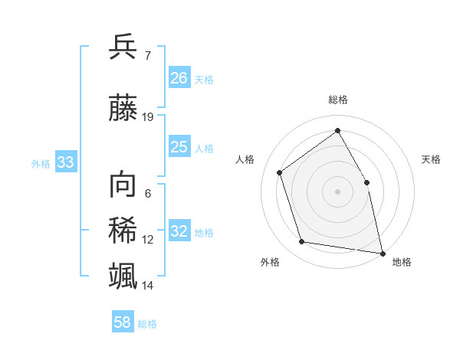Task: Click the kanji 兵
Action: point(123,47)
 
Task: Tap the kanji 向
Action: point(123,185)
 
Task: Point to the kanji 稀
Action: point(123,230)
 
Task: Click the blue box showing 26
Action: point(179,78)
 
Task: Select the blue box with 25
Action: point(179,147)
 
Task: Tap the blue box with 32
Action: point(179,231)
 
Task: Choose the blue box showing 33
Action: point(65,162)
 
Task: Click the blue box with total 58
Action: point(123,322)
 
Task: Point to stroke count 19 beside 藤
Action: point(148,117)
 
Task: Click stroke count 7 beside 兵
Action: point(147,56)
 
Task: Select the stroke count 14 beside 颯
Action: point(148,286)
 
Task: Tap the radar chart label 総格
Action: point(337,100)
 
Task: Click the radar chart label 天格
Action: point(431,159)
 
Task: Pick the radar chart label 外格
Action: point(270,262)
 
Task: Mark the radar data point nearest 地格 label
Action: point(381,252)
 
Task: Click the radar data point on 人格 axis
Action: point(280,172)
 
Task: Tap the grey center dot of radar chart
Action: point(337,191)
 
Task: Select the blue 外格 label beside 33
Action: point(41,163)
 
